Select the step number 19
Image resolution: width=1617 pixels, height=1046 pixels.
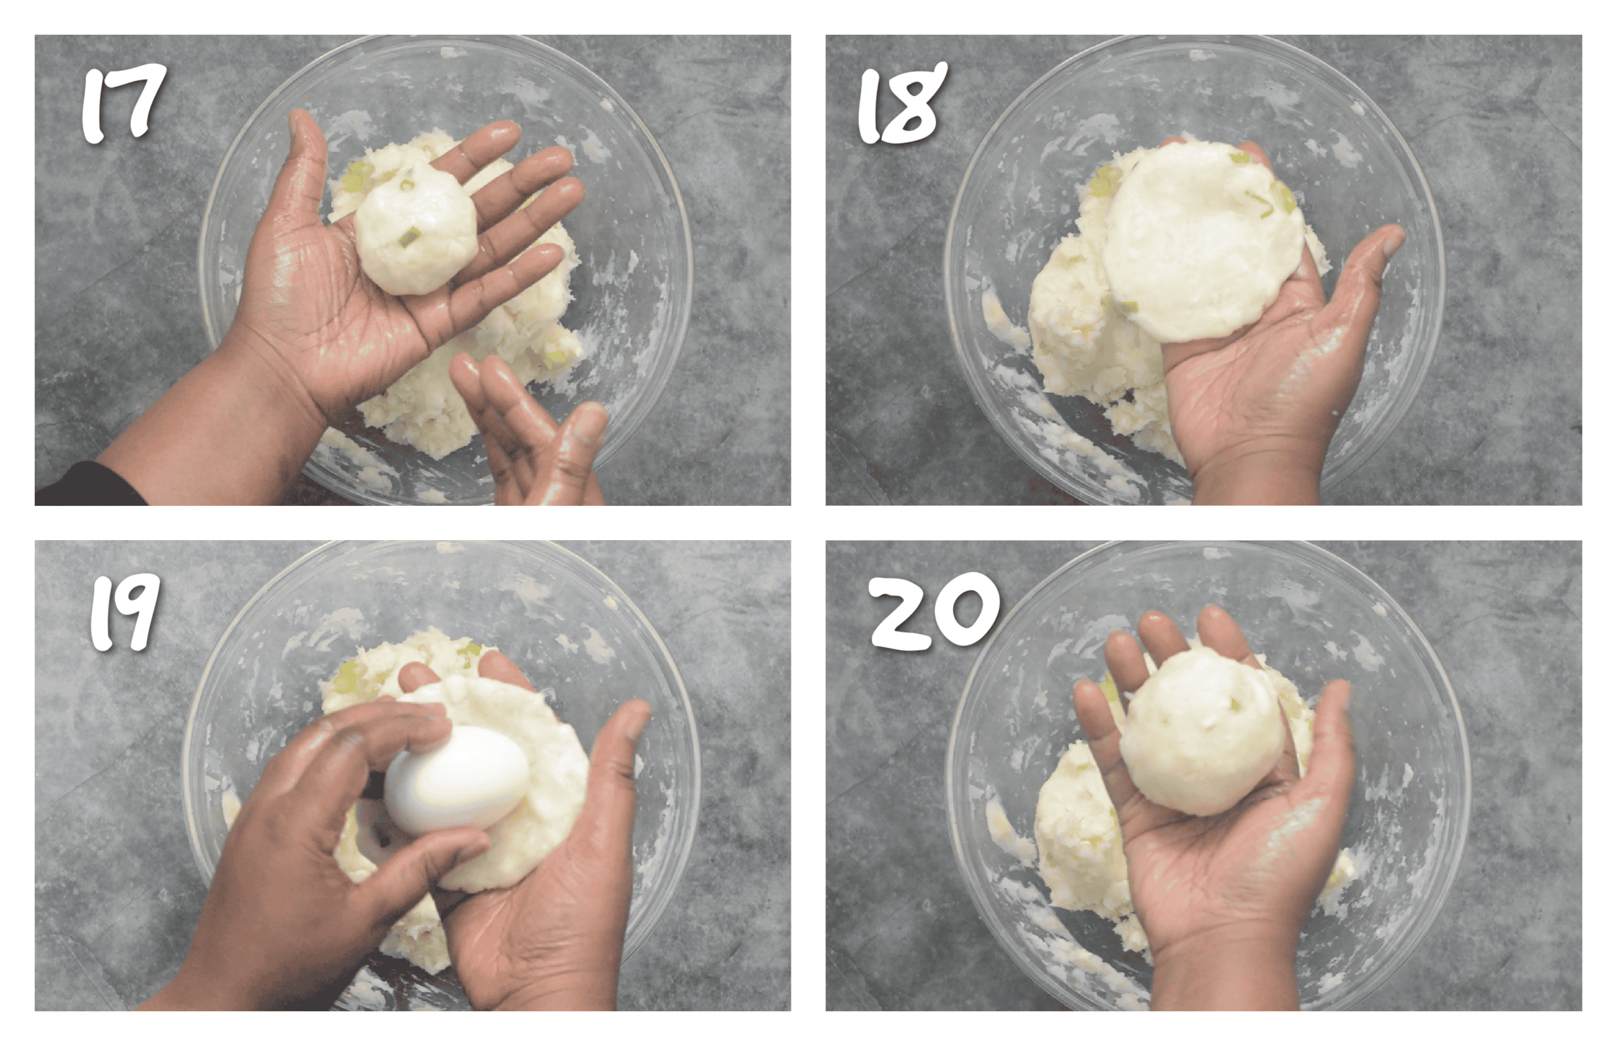125,613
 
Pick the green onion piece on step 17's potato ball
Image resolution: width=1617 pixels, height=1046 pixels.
408,237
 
